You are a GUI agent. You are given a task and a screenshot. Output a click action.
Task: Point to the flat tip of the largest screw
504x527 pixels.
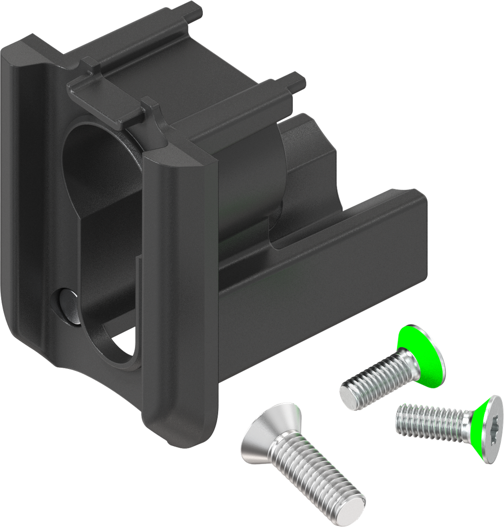coord(355,507)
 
